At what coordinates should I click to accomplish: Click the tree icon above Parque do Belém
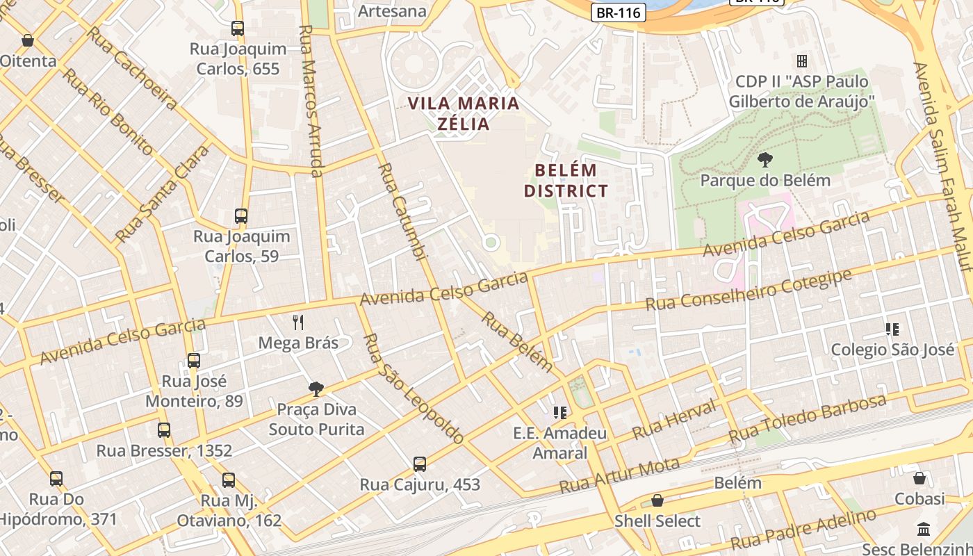(x=765, y=161)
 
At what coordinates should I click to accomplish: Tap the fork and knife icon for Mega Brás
(x=298, y=322)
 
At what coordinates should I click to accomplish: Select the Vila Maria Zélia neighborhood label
(x=464, y=114)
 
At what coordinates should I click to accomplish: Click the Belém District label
(x=566, y=181)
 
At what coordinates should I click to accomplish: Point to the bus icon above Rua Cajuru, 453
(x=419, y=464)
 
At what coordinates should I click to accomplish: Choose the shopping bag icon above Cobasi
(x=919, y=478)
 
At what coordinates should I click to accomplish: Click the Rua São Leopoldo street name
(x=413, y=389)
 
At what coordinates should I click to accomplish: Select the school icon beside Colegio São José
(x=892, y=329)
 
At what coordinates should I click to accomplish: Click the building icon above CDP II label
(x=801, y=61)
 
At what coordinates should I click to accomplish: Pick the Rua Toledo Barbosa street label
(x=807, y=419)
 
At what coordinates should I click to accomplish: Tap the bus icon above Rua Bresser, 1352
(x=164, y=430)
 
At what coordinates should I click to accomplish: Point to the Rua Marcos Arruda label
(x=311, y=101)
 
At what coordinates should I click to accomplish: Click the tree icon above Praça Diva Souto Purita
(x=316, y=389)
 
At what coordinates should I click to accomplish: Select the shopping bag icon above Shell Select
(x=657, y=500)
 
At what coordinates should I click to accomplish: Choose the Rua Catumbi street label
(x=402, y=212)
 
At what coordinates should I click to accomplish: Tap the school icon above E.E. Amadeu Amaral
(x=560, y=413)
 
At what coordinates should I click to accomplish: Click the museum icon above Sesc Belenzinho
(x=924, y=529)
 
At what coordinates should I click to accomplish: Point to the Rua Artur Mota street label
(x=620, y=475)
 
